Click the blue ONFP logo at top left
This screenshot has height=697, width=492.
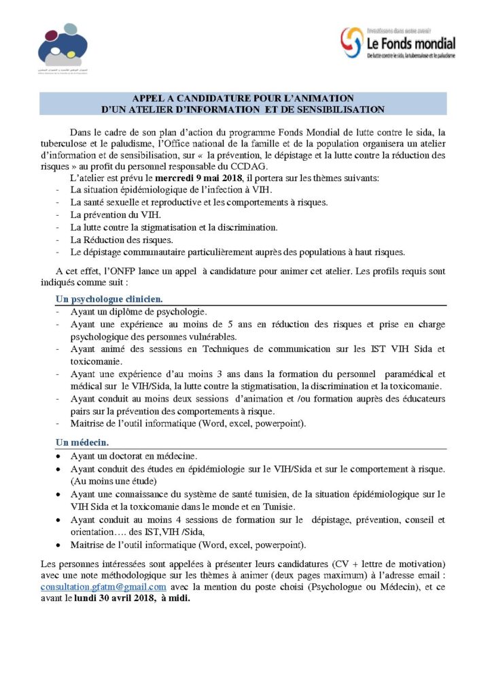point(63,44)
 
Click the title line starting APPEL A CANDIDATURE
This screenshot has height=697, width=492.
point(243,98)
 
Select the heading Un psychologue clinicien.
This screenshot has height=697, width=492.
point(109,299)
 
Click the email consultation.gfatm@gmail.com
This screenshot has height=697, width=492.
point(104,587)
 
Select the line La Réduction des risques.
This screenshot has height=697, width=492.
point(122,239)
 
